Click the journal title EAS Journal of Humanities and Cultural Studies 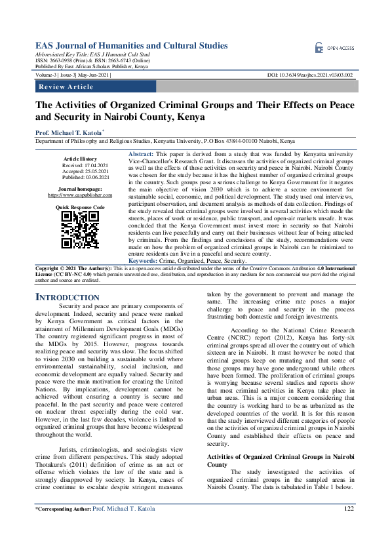[131, 46]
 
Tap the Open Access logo [335, 48]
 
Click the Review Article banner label [66, 87]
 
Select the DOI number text [311, 75]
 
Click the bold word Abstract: [142, 152]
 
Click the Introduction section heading [67, 298]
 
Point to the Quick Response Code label [80, 207]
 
